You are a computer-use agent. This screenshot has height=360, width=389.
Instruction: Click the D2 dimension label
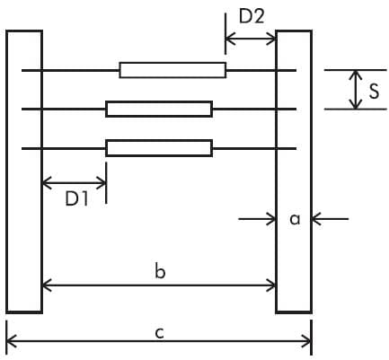point(252,17)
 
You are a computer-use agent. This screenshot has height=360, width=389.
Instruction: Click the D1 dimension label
point(77,198)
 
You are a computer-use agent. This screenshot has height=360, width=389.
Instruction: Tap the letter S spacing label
point(374,91)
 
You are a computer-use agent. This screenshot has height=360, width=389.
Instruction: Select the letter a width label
point(295,220)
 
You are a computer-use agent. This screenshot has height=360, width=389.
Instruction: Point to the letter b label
point(160,272)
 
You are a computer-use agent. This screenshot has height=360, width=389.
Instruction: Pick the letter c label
point(160,333)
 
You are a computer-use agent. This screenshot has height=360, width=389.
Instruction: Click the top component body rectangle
point(172,70)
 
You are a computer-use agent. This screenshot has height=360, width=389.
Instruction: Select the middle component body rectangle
point(159,109)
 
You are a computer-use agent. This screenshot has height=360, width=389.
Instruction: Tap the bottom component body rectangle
point(159,148)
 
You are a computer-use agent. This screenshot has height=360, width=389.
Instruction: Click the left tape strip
point(24,171)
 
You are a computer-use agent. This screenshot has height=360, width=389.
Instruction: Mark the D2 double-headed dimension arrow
point(251,39)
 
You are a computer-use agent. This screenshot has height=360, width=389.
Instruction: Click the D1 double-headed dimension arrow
point(75,182)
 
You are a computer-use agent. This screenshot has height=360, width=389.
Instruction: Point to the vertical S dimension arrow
point(356,90)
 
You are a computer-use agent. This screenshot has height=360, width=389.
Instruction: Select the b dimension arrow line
point(159,285)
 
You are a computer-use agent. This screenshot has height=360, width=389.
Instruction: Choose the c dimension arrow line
point(159,341)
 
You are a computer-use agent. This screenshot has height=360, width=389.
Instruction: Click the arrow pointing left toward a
point(330,219)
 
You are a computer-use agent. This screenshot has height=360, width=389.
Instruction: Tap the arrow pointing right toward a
point(257,219)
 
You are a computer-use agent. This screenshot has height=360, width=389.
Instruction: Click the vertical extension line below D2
point(225,33)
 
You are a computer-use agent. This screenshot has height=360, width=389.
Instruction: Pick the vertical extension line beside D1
point(106,182)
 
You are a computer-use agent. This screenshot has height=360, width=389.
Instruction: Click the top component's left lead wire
point(70,70)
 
